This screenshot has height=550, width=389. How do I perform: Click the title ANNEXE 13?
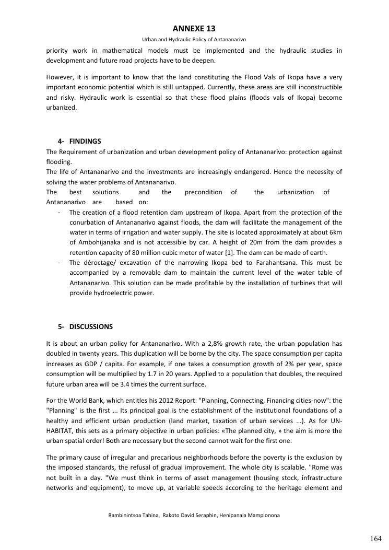[x=194, y=29]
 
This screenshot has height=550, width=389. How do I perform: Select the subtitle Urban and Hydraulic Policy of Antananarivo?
[x=194, y=39]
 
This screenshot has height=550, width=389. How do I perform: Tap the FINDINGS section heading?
[x=85, y=141]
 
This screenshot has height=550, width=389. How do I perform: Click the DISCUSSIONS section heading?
[x=91, y=326]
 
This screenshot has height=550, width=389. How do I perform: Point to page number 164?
[x=376, y=539]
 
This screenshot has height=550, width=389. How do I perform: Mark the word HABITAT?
[x=61, y=430]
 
